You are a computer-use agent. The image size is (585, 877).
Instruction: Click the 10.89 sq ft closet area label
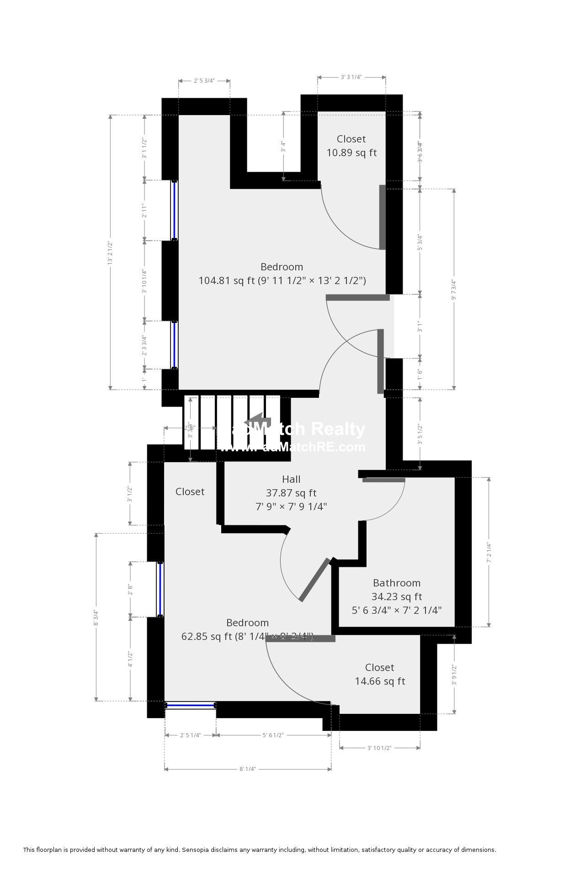[x=351, y=153]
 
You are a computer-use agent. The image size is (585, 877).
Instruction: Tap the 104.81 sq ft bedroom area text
[x=282, y=280]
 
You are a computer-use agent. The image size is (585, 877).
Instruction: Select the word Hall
[x=291, y=479]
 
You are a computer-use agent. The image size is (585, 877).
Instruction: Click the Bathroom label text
[x=396, y=583]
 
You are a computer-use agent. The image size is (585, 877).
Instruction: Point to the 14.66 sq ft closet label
[x=380, y=681]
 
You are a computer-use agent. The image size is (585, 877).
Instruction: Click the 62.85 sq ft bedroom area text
[x=247, y=636]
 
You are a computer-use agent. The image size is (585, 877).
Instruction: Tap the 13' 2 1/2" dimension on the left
[x=110, y=253]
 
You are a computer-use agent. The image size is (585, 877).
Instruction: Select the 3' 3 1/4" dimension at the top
[x=351, y=77]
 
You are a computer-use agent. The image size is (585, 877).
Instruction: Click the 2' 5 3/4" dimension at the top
[x=204, y=81]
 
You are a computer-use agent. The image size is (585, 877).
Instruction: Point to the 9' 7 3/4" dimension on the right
[x=454, y=290]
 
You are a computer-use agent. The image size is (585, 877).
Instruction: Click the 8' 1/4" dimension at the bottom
[x=247, y=769]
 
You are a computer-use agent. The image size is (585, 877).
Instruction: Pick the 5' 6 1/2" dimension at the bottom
[x=273, y=735]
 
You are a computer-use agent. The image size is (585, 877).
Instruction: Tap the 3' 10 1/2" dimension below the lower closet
[x=379, y=748]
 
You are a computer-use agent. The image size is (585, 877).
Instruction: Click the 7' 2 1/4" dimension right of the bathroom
[x=489, y=552]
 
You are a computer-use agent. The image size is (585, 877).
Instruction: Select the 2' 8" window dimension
[x=131, y=590]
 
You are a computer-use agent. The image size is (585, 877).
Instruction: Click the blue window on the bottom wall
[x=190, y=706]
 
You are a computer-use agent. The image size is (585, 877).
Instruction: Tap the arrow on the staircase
[x=256, y=421]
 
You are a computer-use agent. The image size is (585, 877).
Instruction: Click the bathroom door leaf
[x=383, y=480]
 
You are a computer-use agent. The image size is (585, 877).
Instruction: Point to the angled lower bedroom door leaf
[x=314, y=580]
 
